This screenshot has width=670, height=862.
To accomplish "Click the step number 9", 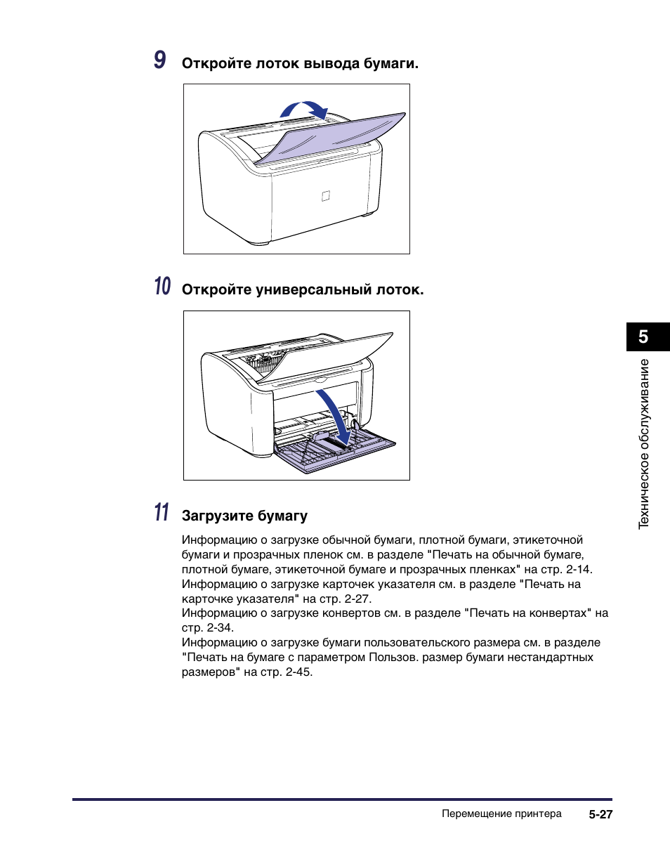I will (x=160, y=60).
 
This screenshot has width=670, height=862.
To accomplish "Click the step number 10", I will (x=162, y=287).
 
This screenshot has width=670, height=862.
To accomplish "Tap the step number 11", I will (x=162, y=513).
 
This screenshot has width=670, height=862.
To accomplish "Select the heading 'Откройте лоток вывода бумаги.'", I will (x=300, y=64).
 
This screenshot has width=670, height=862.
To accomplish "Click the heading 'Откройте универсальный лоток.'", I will (x=303, y=289).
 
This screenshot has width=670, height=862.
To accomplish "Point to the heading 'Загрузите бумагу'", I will (x=244, y=516).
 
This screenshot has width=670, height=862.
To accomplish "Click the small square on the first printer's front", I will (x=325, y=196).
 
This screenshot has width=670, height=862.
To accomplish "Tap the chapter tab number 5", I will (x=643, y=337).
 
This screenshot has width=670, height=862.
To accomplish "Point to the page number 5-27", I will (x=601, y=815).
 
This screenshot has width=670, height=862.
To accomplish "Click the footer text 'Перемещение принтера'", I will (x=501, y=814).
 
